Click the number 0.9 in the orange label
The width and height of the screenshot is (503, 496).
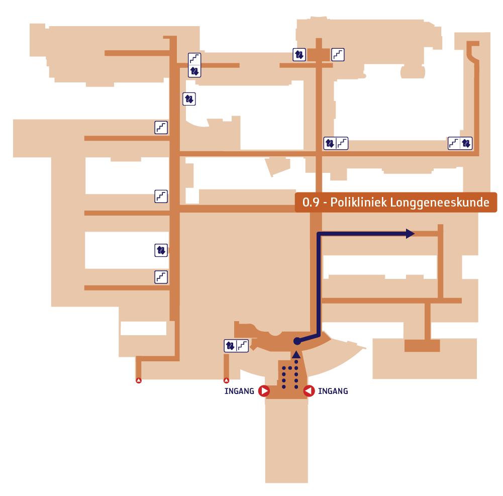click(x=311, y=203)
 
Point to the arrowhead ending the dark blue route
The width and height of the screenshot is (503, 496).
click(x=411, y=234)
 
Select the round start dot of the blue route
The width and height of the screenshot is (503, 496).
click(x=297, y=341)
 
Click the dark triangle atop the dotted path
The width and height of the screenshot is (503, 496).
click(x=296, y=354)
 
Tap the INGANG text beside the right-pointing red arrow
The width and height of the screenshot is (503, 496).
click(x=239, y=391)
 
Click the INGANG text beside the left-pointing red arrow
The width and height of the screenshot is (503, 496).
click(x=333, y=391)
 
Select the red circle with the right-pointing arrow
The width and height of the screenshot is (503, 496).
click(x=264, y=391)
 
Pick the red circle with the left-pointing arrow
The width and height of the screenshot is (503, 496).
click(x=309, y=391)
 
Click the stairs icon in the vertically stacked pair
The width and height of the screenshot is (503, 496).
click(x=194, y=59)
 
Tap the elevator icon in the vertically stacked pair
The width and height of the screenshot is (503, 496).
click(x=194, y=71)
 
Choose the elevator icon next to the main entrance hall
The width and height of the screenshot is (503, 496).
click(x=230, y=346)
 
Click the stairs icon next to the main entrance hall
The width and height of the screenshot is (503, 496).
click(x=243, y=346)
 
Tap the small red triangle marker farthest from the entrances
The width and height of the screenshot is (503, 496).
click(x=139, y=380)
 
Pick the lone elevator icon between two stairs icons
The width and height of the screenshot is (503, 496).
click(x=161, y=250)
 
